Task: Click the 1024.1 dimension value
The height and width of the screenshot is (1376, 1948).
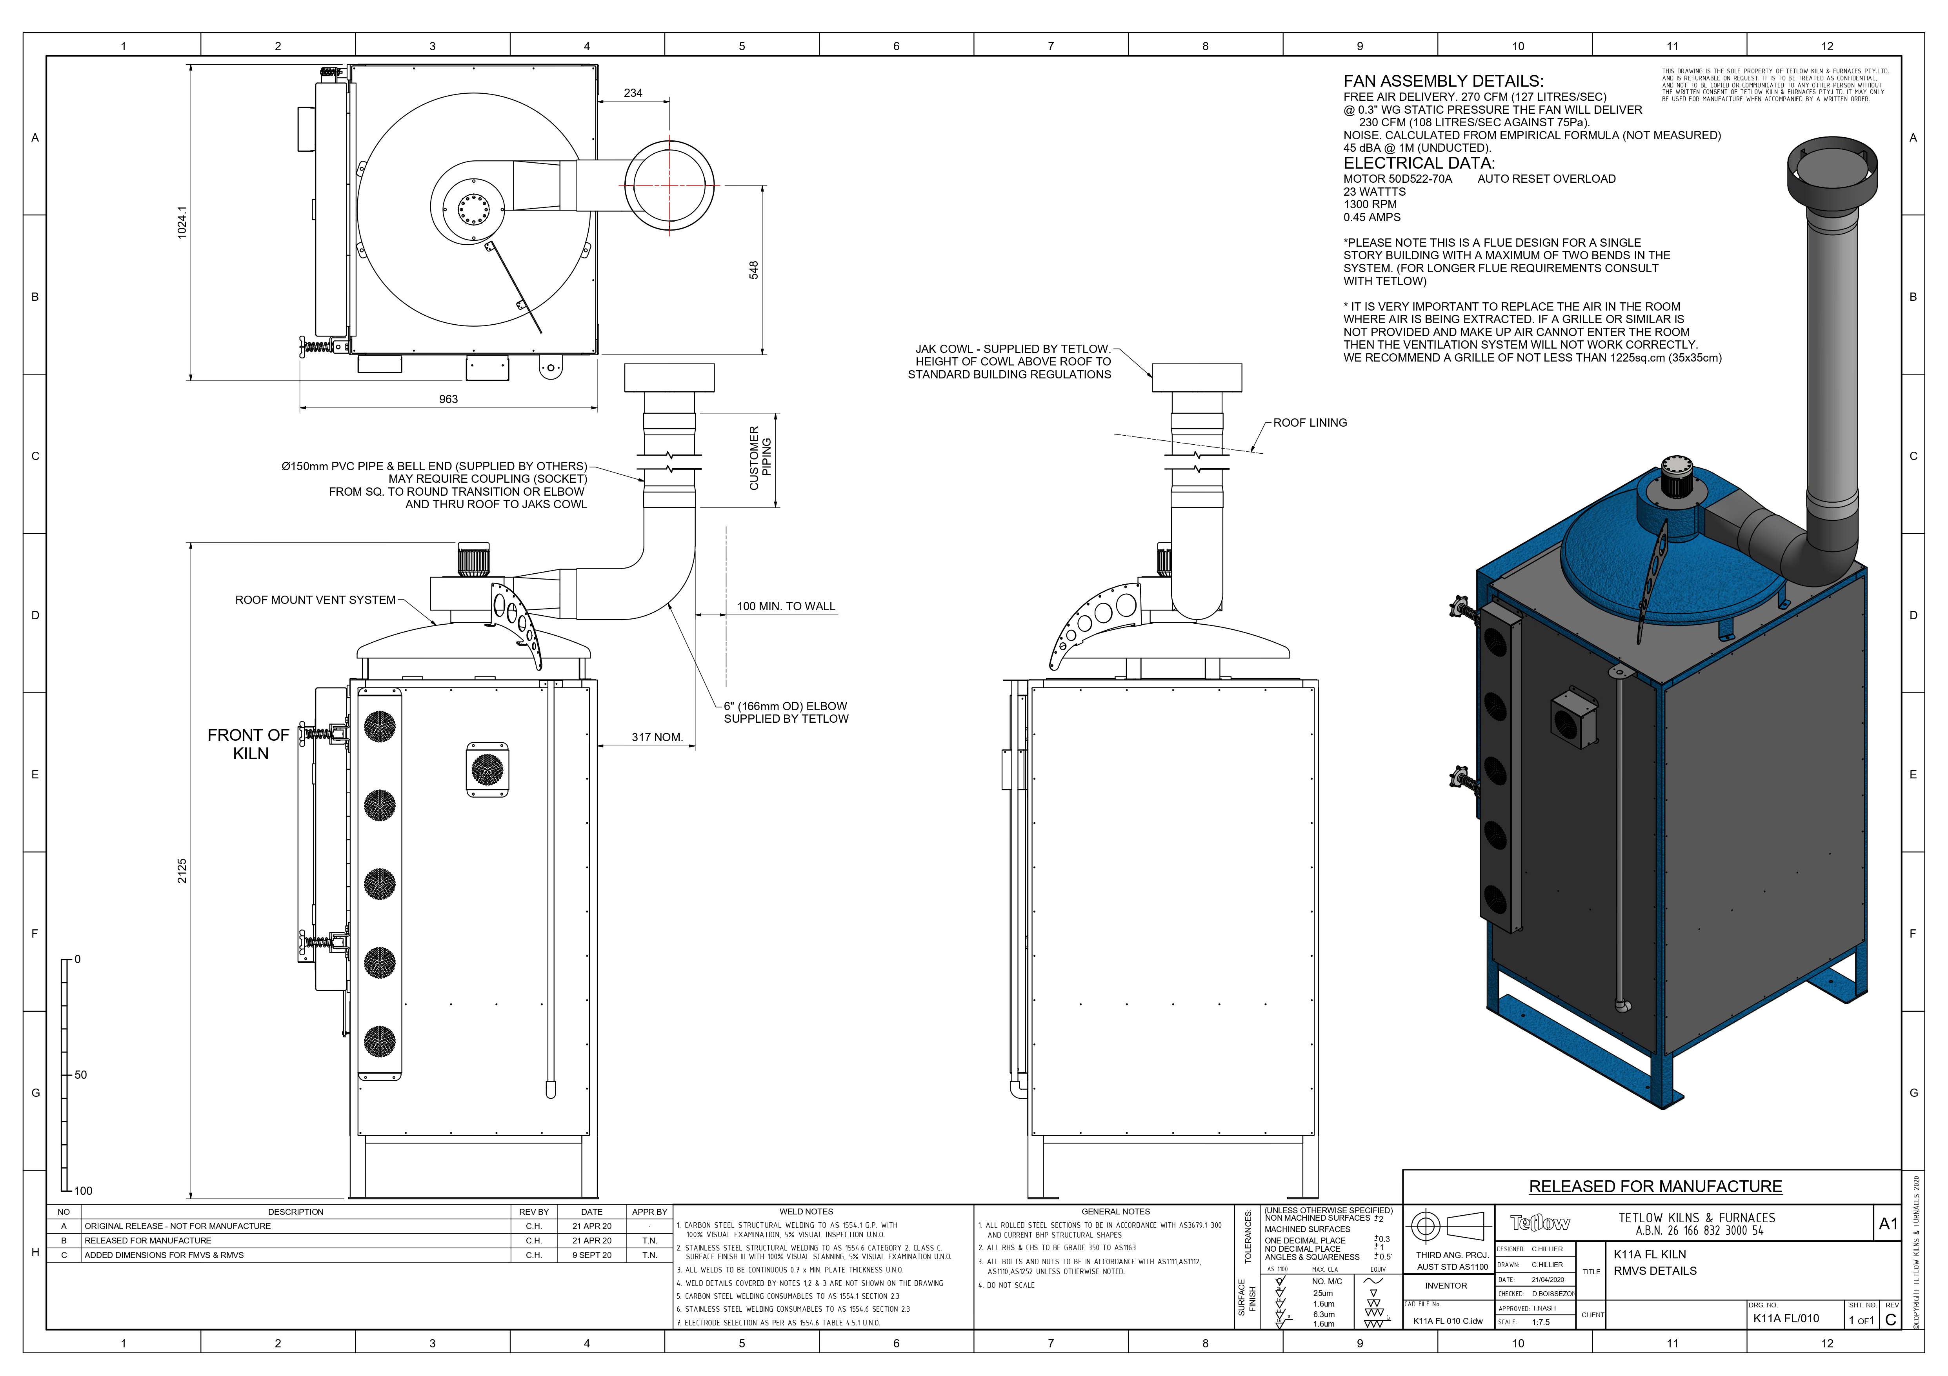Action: (x=182, y=222)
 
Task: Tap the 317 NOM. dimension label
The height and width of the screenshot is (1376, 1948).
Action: (x=657, y=737)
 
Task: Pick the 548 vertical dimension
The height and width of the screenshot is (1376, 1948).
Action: (x=753, y=270)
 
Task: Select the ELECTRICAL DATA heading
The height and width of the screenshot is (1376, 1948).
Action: (x=1419, y=163)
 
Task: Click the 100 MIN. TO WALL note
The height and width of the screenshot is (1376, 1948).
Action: (x=786, y=607)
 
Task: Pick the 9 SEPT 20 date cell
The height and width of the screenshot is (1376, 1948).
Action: (x=591, y=1256)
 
